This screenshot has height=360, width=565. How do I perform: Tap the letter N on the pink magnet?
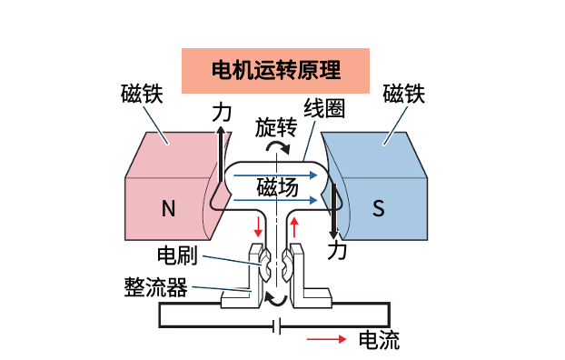click(168, 209)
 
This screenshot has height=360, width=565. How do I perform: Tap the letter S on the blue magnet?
click(379, 209)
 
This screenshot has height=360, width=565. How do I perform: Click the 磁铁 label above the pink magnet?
click(143, 95)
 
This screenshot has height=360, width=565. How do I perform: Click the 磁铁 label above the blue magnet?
click(404, 95)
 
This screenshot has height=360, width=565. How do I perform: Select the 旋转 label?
click(275, 126)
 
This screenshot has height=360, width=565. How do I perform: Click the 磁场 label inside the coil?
click(277, 187)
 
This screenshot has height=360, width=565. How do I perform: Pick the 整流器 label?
click(155, 288)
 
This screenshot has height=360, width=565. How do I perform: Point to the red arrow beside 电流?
click(326, 340)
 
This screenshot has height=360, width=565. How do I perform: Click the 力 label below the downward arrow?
click(337, 248)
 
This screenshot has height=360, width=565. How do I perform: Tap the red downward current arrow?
click(257, 225)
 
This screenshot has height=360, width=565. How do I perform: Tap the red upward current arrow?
click(293, 225)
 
